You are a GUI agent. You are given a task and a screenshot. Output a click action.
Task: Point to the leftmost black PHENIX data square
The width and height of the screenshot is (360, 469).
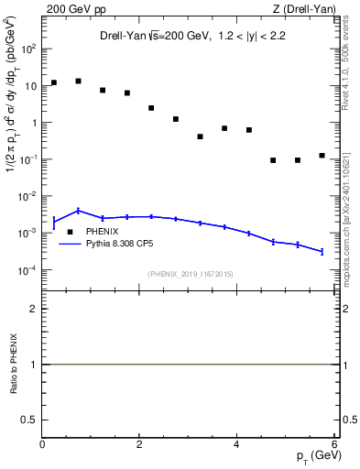pyautogui.click(x=54, y=82)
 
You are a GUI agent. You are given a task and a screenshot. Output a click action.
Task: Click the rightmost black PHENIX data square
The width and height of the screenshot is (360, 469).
pyautogui.click(x=322, y=156)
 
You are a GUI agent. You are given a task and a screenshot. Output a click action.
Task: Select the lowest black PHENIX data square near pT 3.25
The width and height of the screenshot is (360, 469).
pyautogui.click(x=200, y=136)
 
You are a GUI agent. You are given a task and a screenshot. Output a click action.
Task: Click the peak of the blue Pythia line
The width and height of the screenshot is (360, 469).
pyautogui.click(x=79, y=211)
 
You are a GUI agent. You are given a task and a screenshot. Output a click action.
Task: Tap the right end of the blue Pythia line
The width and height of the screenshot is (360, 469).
pyautogui.click(x=322, y=251)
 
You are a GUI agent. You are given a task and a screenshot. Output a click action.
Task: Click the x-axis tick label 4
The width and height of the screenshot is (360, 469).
pyautogui.click(x=236, y=445)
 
